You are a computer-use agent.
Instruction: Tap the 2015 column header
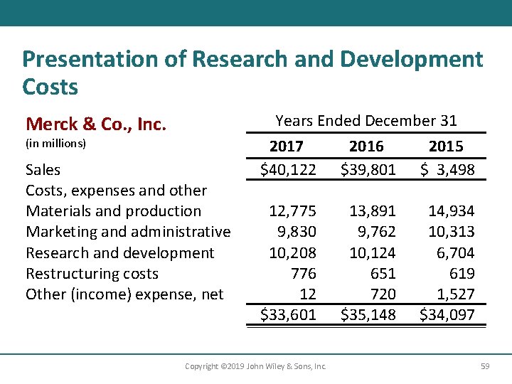click(446, 146)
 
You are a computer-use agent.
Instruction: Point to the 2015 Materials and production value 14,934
click(451, 211)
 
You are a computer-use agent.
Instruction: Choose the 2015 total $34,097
click(447, 314)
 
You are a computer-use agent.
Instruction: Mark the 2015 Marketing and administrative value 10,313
click(451, 232)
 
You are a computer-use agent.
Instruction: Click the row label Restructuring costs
click(92, 274)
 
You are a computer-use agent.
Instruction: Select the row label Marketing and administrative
click(128, 232)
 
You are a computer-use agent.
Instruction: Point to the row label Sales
click(43, 170)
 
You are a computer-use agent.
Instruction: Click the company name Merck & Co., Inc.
click(96, 124)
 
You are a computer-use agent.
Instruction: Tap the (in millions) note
click(55, 144)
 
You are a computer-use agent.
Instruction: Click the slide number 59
click(485, 366)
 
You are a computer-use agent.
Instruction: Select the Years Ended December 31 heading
click(366, 121)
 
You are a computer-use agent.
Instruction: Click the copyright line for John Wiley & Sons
click(255, 366)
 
